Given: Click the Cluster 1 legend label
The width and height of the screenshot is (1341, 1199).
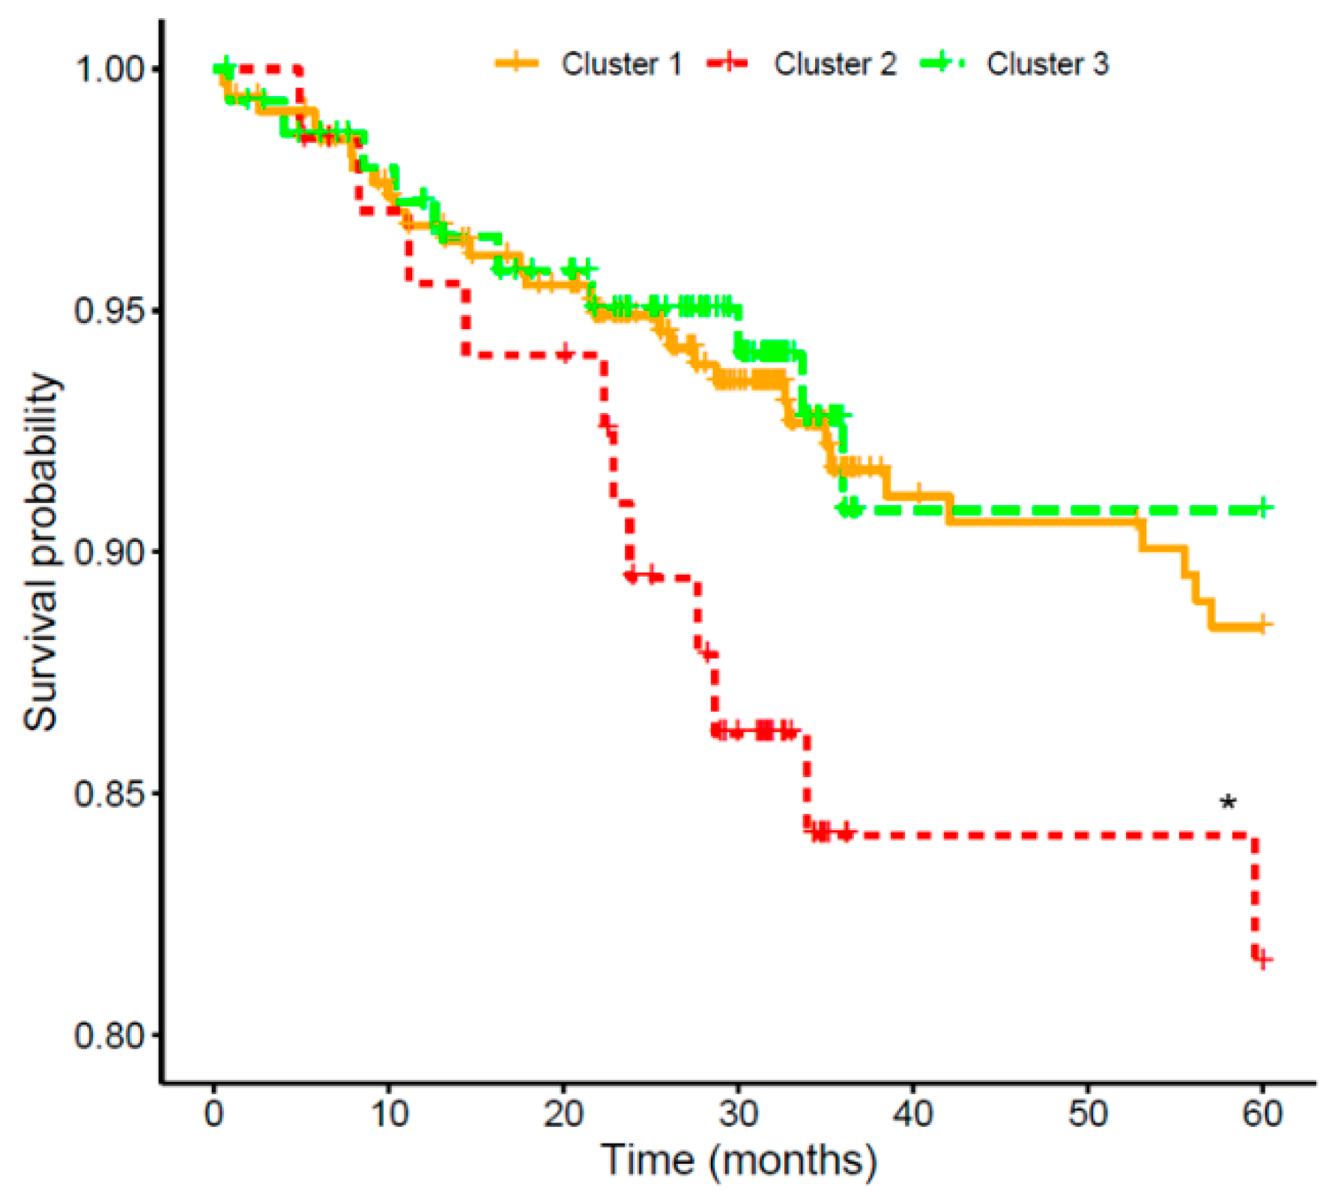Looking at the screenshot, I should (x=621, y=64).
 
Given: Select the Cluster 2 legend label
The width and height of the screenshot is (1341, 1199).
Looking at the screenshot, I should (x=835, y=64).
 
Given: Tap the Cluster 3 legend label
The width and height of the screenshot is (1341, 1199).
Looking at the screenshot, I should (x=1047, y=64).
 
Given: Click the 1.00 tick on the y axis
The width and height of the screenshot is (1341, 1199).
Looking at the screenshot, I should (x=107, y=70).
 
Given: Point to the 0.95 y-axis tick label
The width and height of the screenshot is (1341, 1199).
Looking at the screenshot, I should (x=107, y=310).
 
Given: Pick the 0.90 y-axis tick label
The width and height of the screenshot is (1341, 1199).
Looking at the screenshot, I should (x=107, y=552).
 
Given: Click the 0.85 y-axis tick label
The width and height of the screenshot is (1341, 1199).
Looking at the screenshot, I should (x=107, y=794).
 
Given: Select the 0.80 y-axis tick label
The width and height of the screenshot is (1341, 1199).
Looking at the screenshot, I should (x=107, y=1035).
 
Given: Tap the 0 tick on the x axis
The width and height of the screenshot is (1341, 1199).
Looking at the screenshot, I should (x=214, y=1114).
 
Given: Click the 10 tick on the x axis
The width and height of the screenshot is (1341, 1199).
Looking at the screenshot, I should (x=389, y=1114).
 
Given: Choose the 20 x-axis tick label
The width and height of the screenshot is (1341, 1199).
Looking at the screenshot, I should (x=563, y=1114).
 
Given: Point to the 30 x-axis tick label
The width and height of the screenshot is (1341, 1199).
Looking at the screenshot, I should (x=738, y=1114).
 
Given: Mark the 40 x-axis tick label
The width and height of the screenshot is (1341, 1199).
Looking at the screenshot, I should (x=912, y=1114).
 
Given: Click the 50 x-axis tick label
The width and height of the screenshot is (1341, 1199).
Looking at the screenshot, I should (x=1087, y=1114).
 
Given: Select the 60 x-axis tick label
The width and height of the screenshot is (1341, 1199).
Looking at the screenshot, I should (x=1262, y=1114).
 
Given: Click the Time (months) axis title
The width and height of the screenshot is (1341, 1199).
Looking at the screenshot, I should (x=739, y=1160).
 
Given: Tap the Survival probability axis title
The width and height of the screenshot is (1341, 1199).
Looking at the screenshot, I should (x=40, y=552).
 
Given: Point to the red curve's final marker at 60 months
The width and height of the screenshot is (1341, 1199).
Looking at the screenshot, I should (x=1262, y=959).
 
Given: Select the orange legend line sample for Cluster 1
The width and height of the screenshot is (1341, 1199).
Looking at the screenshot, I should (x=516, y=63).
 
